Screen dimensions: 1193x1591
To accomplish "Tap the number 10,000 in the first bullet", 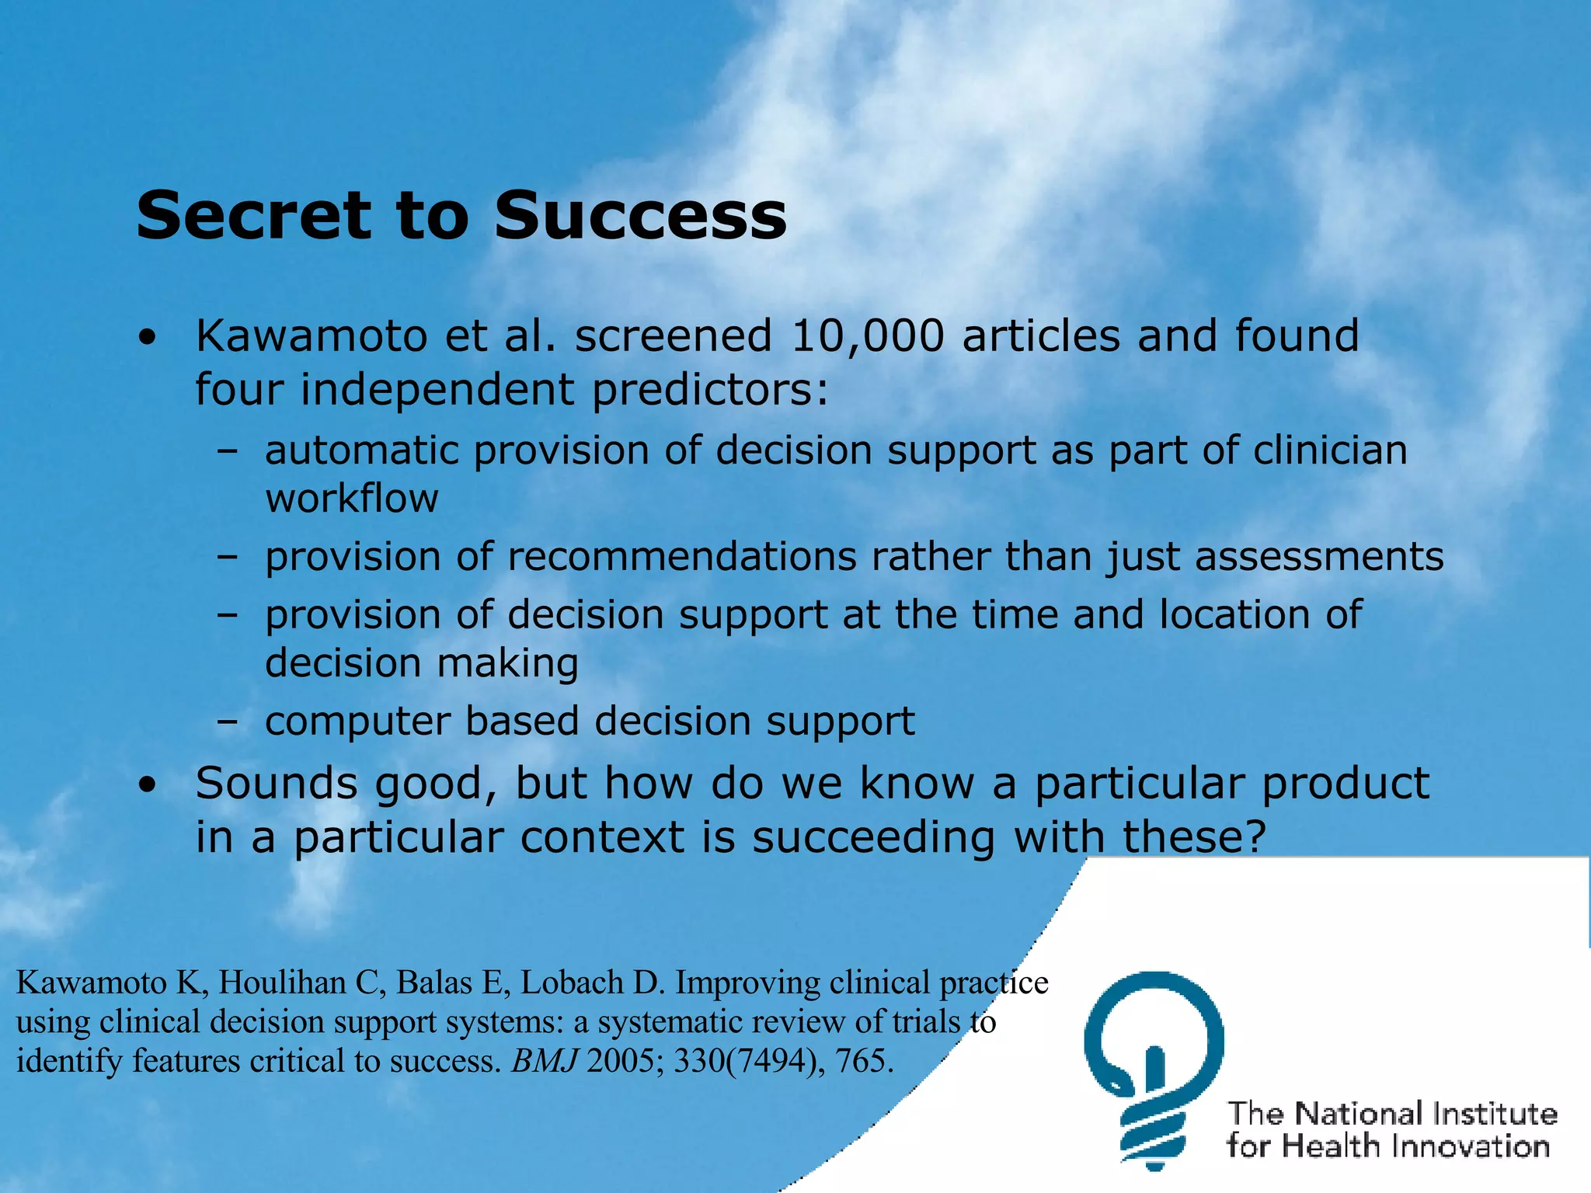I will click(x=867, y=336).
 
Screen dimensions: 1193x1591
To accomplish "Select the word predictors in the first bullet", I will click(x=710, y=389).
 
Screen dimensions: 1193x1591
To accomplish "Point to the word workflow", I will click(x=352, y=498).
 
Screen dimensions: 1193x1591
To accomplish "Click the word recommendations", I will click(x=682, y=557).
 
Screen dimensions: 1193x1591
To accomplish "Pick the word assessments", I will click(x=1318, y=557).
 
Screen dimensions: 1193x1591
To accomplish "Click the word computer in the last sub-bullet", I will click(x=357, y=722).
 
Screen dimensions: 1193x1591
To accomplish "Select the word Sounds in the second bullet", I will click(x=277, y=783).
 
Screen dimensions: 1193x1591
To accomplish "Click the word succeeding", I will click(x=873, y=837).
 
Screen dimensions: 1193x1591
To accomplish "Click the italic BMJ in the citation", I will click(x=544, y=1061).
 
